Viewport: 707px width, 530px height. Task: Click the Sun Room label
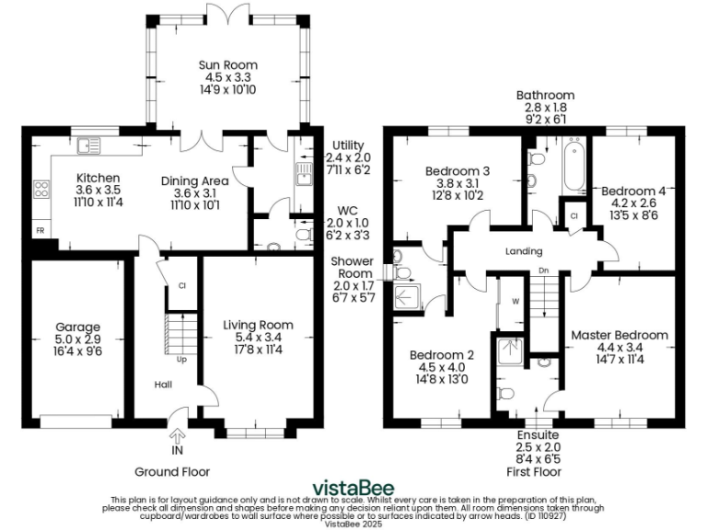pyautogui.click(x=227, y=65)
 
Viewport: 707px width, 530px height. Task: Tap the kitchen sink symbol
pyautogui.click(x=89, y=144)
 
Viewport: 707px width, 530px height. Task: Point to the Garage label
pyautogui.click(x=77, y=327)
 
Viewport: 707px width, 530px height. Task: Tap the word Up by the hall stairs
pyautogui.click(x=181, y=359)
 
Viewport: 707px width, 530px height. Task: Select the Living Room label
pyautogui.click(x=258, y=325)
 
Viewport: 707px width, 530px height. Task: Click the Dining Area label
pyautogui.click(x=194, y=181)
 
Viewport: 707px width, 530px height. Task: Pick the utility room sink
pyautogui.click(x=302, y=171)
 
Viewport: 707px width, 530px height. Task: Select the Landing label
pyautogui.click(x=524, y=251)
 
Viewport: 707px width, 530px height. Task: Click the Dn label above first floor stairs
pyautogui.click(x=543, y=271)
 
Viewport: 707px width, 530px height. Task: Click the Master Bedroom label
pyautogui.click(x=619, y=335)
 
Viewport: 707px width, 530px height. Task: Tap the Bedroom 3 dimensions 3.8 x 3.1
pyautogui.click(x=457, y=182)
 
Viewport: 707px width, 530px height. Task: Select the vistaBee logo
pyautogui.click(x=354, y=487)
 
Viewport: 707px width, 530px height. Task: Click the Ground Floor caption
pyautogui.click(x=172, y=471)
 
